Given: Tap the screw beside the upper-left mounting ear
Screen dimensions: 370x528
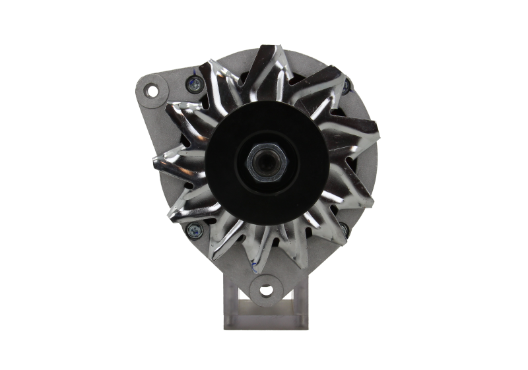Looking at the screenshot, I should point(194,84).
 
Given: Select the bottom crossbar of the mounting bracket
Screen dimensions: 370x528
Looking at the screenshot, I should point(265,317).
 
